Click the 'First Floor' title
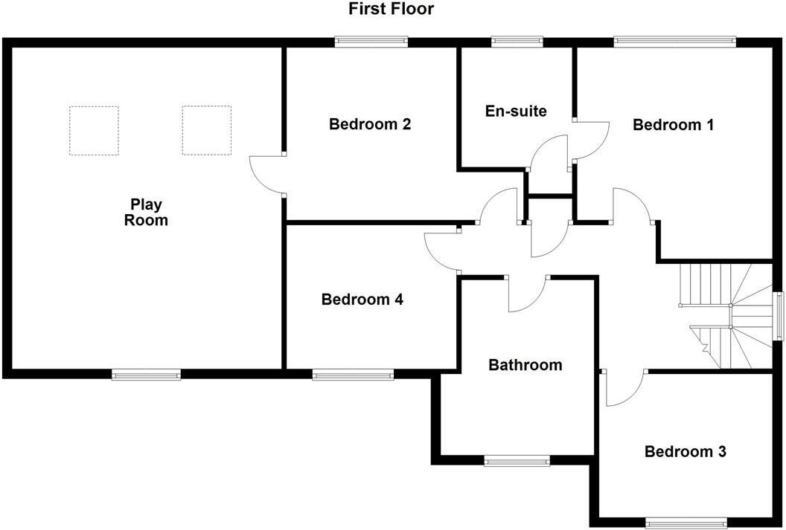point(391,10)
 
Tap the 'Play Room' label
point(146,212)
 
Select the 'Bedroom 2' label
point(370,124)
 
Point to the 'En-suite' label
point(516,112)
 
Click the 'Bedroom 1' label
point(673,125)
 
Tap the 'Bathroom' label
point(525,365)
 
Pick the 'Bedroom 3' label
point(685,452)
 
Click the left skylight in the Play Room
point(94,130)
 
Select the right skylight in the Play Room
point(207,130)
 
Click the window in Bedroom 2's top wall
point(372,42)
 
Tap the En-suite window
point(517,42)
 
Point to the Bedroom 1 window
point(674,42)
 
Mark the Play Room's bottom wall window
point(146,375)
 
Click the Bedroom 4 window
point(353,375)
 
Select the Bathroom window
point(518,462)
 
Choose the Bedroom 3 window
point(686,522)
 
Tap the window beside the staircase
point(779,315)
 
